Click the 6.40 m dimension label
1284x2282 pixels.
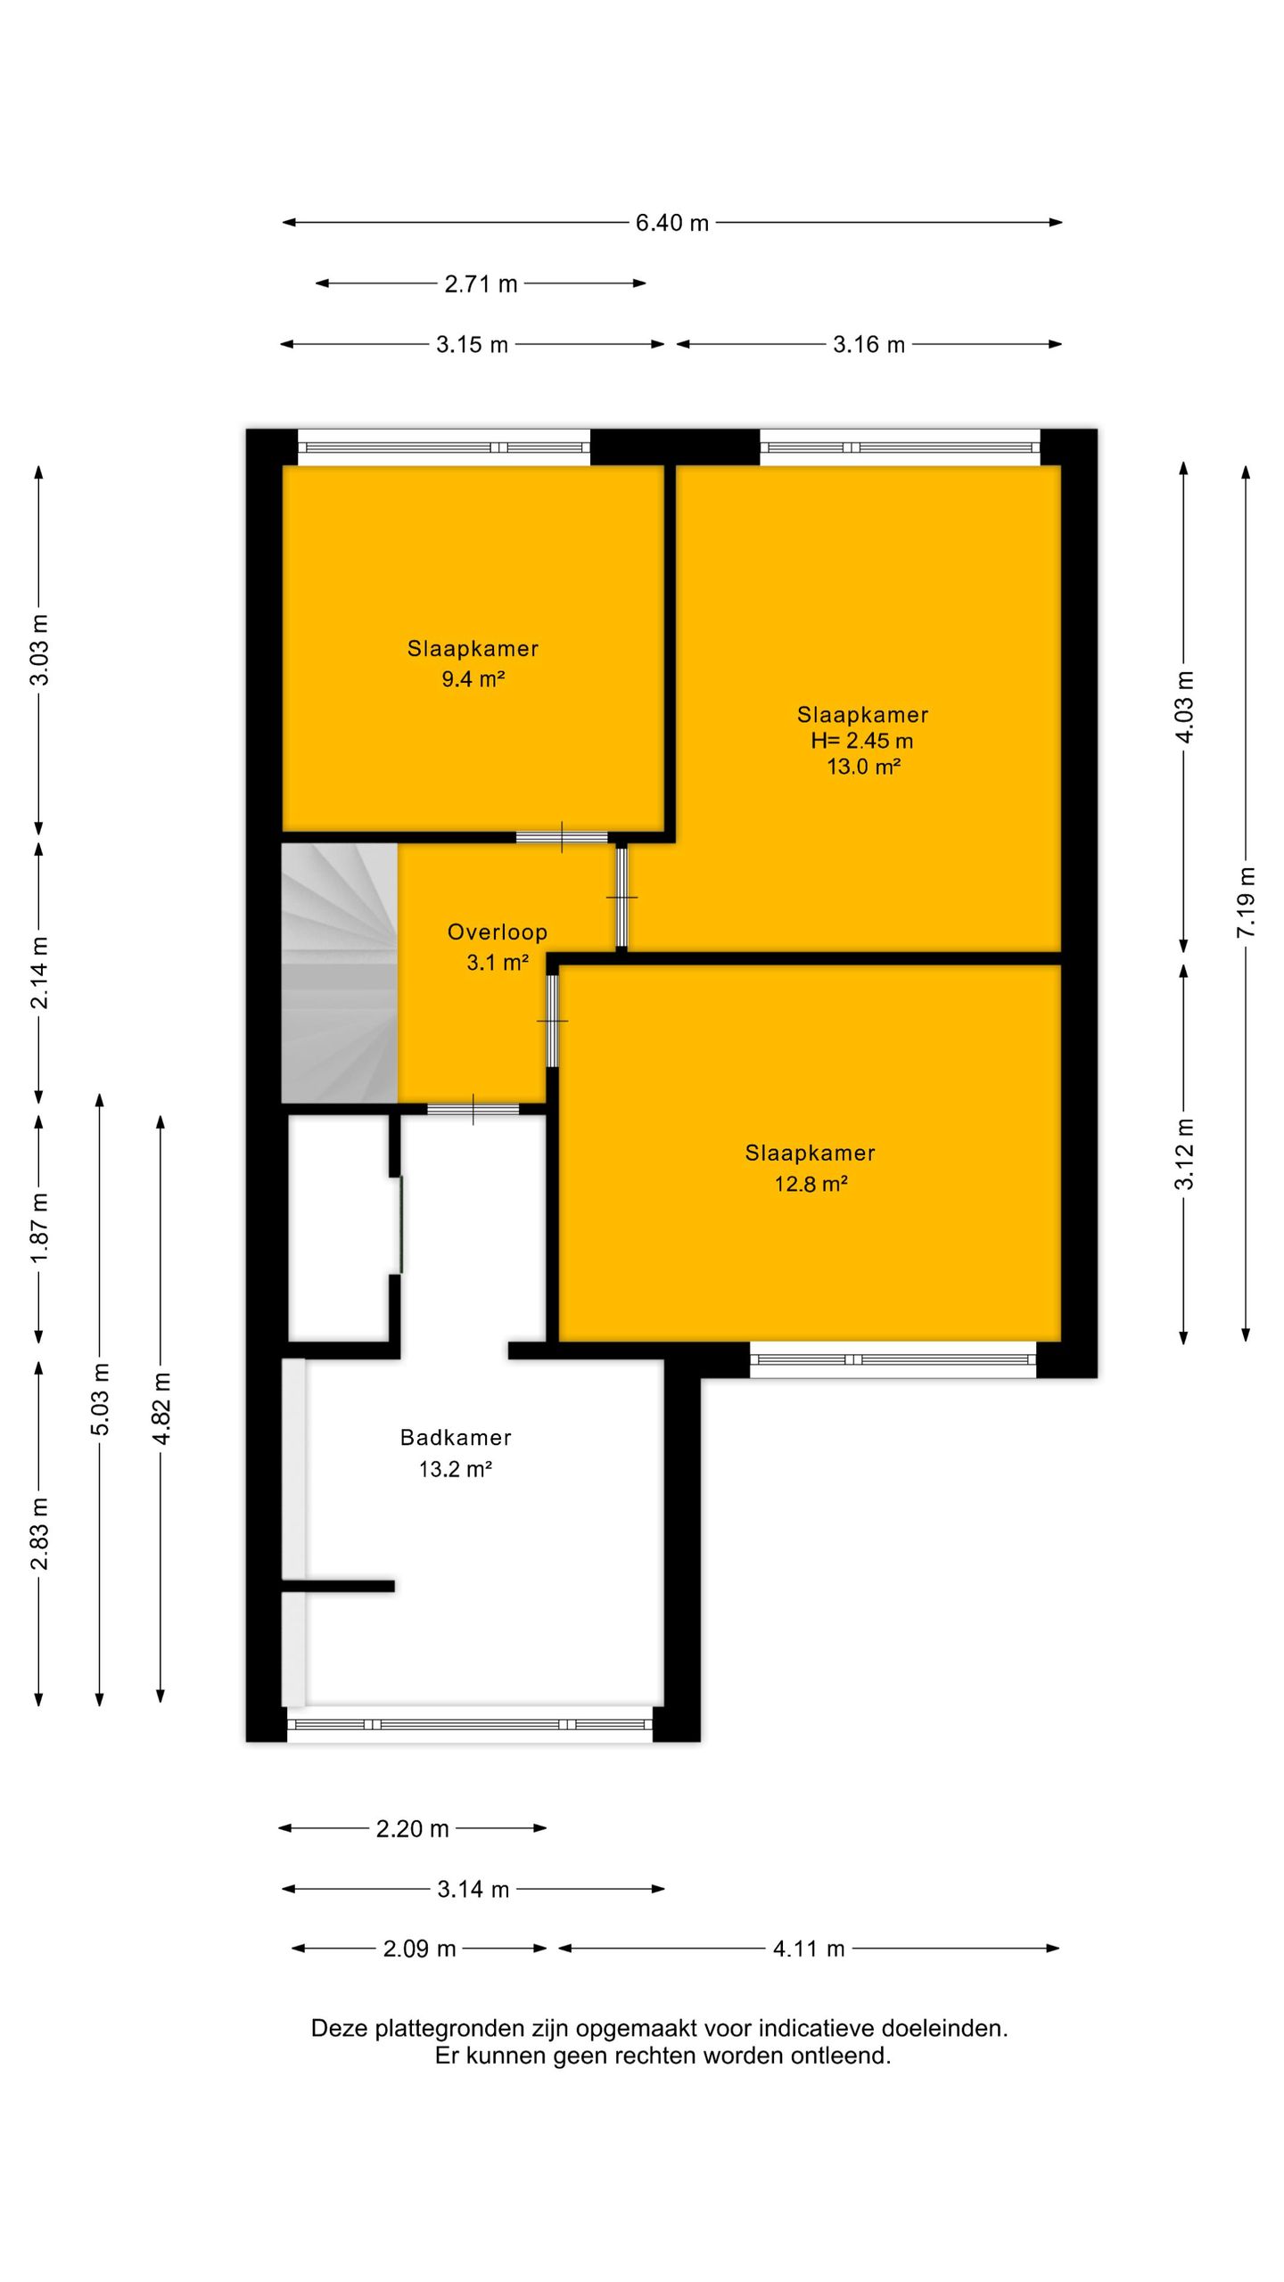(x=671, y=223)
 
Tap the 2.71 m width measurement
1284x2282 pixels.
(x=481, y=283)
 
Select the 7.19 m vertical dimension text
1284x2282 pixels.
(x=1246, y=901)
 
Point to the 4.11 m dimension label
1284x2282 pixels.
(x=809, y=1949)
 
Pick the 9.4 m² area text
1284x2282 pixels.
(x=473, y=679)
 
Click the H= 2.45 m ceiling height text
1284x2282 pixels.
(x=861, y=741)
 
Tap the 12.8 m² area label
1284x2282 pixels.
(x=811, y=1184)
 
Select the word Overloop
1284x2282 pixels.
(x=498, y=932)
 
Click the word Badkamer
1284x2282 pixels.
(x=456, y=1438)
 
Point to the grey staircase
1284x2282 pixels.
(x=340, y=973)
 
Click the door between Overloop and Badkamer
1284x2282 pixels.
(x=473, y=1109)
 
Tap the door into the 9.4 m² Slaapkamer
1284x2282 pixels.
(x=562, y=837)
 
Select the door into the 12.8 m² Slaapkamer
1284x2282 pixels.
(x=552, y=1021)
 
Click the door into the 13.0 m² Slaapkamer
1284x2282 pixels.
(x=621, y=897)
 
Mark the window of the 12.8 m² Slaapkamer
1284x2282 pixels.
(x=893, y=1359)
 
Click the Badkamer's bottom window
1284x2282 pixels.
(x=470, y=1724)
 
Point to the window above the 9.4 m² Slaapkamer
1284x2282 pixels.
(x=443, y=447)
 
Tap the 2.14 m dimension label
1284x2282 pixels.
(x=39, y=973)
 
